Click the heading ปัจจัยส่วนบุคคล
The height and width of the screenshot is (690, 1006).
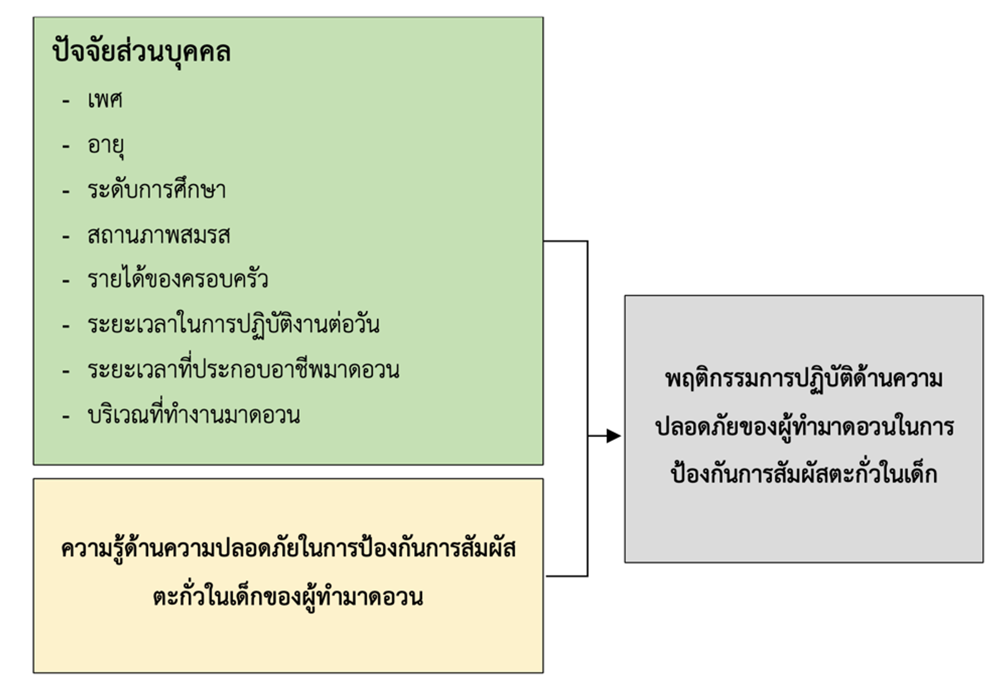coord(141,52)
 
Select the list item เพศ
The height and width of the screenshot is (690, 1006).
coord(105,100)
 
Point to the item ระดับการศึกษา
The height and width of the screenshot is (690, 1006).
coord(156,190)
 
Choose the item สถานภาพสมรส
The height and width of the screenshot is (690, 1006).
coord(159,235)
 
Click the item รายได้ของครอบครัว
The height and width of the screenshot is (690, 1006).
coord(177,280)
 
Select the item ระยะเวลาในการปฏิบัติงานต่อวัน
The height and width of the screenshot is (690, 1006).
coord(233,325)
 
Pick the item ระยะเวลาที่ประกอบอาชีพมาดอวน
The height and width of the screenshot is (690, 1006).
coord(243,370)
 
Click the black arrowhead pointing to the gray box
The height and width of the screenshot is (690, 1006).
coord(613,436)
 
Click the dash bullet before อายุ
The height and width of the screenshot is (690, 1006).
coord(66,146)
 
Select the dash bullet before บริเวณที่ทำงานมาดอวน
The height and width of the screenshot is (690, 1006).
coord(66,416)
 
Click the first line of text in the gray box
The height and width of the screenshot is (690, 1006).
coord(803,379)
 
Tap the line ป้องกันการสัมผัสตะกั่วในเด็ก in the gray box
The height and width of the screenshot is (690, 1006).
coord(803,474)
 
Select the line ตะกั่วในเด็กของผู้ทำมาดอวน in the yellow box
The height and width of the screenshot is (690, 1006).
coord(288,597)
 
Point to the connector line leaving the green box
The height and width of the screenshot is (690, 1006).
coord(566,241)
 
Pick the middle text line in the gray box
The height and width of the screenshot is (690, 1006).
coord(804,427)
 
